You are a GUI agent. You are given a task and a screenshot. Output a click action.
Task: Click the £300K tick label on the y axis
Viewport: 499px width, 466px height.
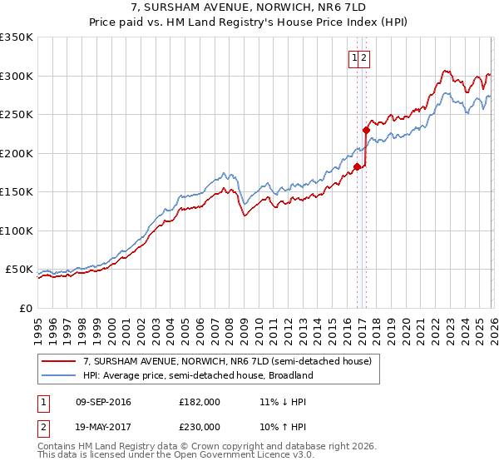pyautogui.click(x=17, y=76)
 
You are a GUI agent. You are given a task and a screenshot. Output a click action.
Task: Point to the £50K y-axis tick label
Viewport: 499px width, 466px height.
pyautogui.click(x=19, y=270)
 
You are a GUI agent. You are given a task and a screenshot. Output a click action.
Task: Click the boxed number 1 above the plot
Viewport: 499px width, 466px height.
pyautogui.click(x=354, y=58)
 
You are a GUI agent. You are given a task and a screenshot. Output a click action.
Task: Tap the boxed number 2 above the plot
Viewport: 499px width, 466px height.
pyautogui.click(x=364, y=58)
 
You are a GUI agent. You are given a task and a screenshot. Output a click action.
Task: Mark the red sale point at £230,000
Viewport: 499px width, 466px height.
pyautogui.click(x=366, y=130)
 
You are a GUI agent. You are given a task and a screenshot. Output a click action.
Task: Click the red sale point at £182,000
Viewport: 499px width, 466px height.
pyautogui.click(x=357, y=166)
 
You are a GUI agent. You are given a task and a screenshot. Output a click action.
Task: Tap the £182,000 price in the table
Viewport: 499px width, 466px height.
pyautogui.click(x=200, y=402)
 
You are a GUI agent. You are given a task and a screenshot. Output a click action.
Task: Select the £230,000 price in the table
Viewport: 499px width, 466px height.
pyautogui.click(x=200, y=426)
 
